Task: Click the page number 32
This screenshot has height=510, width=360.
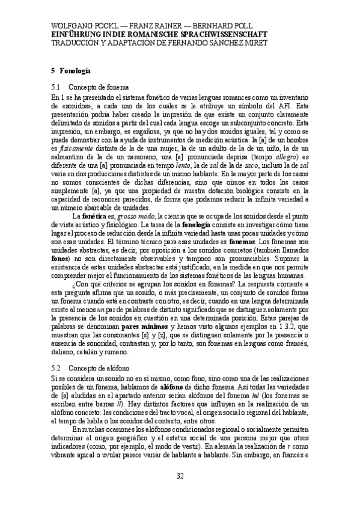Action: tap(180, 477)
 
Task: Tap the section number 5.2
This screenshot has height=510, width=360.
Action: tap(58, 367)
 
